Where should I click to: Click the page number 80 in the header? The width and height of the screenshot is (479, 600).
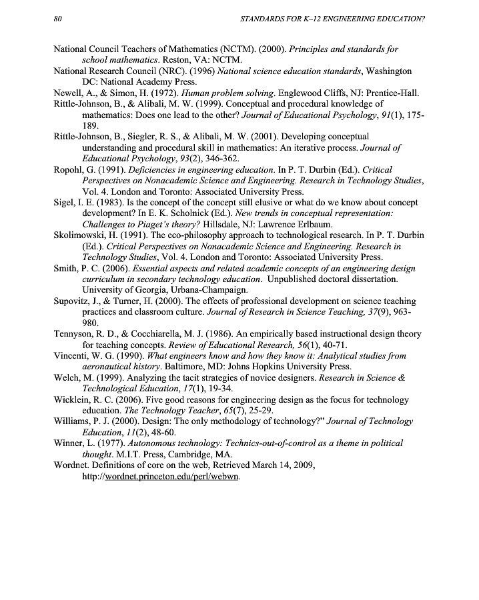click(58, 20)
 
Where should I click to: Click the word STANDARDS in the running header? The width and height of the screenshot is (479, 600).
click(262, 20)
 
